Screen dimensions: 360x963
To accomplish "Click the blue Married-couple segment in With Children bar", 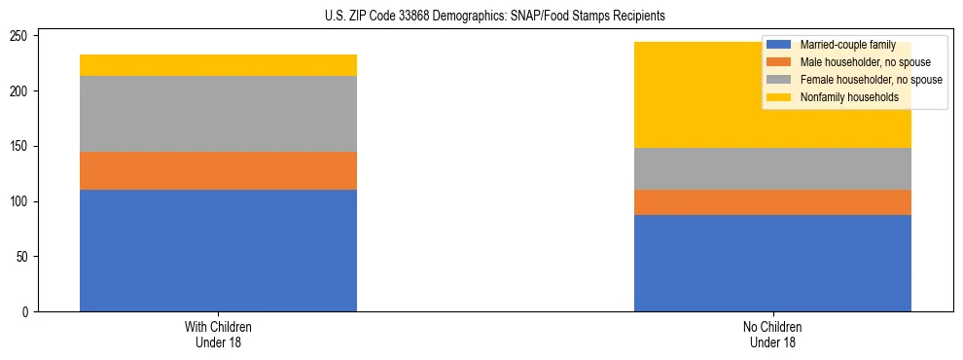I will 218,250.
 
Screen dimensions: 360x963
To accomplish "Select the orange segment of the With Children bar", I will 218,170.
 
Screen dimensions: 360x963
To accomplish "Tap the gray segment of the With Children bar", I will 218,114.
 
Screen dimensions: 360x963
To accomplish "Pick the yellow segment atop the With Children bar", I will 218,65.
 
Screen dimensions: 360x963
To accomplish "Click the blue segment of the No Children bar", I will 772,263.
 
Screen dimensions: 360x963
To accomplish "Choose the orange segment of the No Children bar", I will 772,202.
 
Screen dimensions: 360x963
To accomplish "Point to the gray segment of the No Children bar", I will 772,168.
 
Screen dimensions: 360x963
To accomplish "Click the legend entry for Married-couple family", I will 845,45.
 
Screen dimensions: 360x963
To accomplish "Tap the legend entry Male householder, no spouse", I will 860,62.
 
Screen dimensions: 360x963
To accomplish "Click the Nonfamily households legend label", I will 842,97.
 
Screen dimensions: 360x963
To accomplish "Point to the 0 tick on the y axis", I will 29,312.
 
